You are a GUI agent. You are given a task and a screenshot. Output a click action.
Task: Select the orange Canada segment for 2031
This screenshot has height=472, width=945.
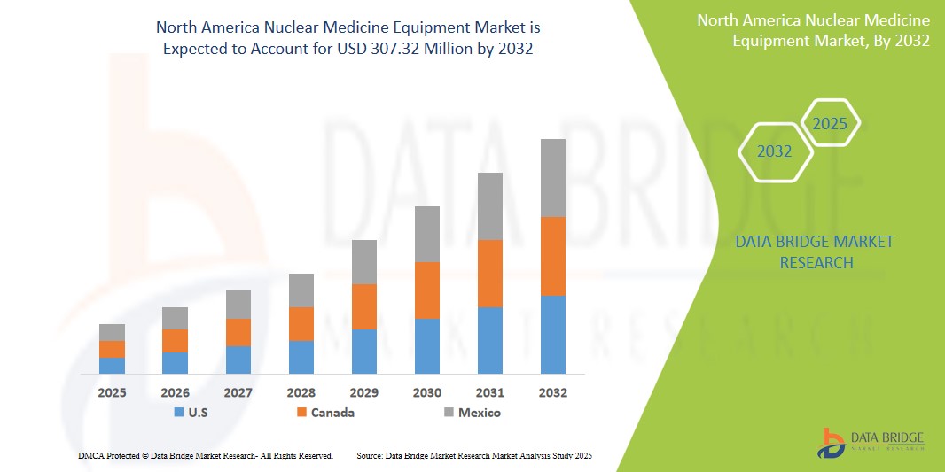tap(490, 274)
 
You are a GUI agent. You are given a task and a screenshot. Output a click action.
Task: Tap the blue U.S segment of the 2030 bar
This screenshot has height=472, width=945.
tap(427, 345)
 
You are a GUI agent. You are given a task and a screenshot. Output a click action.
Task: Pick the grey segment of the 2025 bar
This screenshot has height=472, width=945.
tap(112, 332)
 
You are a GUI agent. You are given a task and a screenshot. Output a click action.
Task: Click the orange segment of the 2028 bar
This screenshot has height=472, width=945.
tap(301, 324)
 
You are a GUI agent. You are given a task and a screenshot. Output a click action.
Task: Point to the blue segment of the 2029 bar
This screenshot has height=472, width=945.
tap(364, 351)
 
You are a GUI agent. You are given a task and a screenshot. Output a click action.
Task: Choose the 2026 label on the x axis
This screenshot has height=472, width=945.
tap(176, 392)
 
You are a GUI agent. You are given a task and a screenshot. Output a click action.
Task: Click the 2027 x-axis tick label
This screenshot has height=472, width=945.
tap(238, 392)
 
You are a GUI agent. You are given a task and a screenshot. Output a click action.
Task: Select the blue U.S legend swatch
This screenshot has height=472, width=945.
tap(179, 413)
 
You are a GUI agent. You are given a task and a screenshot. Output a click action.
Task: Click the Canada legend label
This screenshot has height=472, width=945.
tap(332, 413)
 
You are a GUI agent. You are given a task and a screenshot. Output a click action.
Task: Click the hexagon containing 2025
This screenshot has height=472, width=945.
tap(830, 124)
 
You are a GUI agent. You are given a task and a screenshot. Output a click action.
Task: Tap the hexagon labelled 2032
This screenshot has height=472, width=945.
tap(775, 151)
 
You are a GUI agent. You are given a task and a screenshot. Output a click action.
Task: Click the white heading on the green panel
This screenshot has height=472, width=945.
tap(813, 30)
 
